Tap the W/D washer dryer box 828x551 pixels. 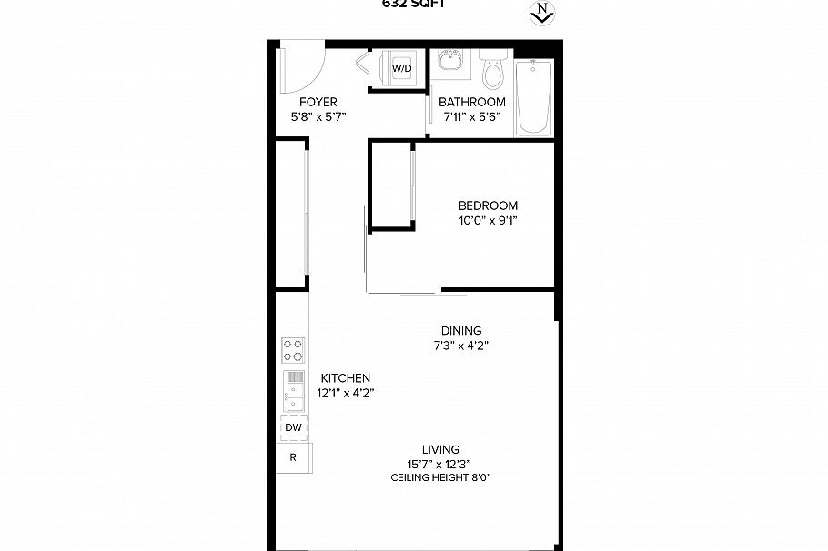coord(401,69)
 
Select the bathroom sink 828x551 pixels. coord(448,63)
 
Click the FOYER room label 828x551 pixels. coord(318,102)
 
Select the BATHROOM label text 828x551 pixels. coord(471,102)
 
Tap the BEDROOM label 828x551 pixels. coord(488,205)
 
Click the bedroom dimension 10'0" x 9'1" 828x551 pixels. coord(488,220)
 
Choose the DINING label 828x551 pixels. coord(461,331)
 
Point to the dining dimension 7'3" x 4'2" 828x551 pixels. coord(461,346)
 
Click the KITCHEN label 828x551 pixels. coord(346,378)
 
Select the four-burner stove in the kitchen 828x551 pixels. coord(293,350)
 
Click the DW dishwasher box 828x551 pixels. coord(293,427)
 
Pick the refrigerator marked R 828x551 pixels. coord(293,457)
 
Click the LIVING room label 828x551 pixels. coord(440,449)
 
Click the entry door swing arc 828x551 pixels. coord(307,67)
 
